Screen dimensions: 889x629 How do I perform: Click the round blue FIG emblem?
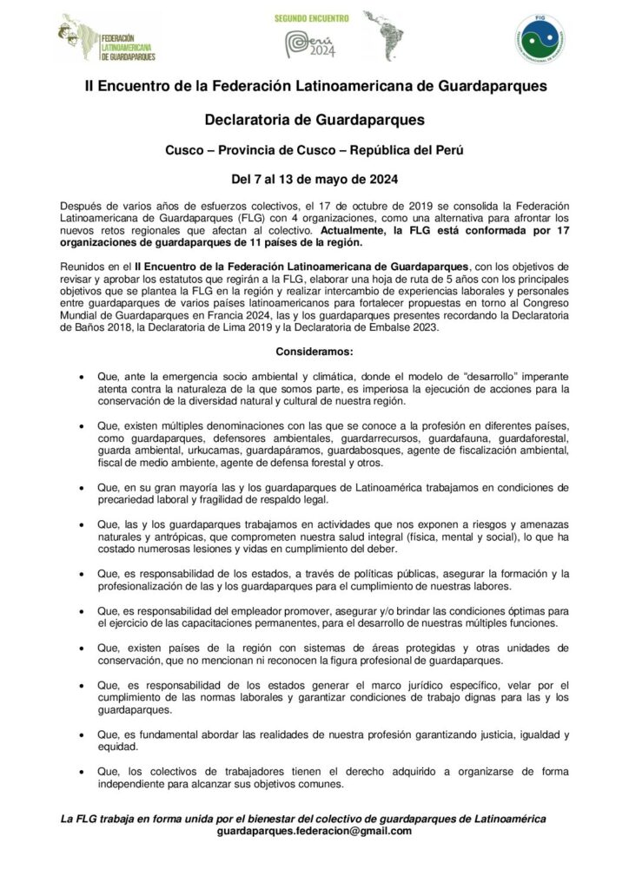tap(542, 40)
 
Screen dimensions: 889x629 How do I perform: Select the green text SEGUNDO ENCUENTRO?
tap(312, 17)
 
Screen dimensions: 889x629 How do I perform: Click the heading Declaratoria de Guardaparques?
tap(314, 118)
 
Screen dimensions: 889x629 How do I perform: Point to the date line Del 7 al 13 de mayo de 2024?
tap(314, 181)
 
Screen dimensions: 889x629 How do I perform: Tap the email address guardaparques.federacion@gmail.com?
tap(314, 831)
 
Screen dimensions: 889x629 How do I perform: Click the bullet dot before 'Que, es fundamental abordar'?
tap(81, 735)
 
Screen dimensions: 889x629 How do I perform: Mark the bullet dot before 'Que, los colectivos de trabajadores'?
tap(81, 772)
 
